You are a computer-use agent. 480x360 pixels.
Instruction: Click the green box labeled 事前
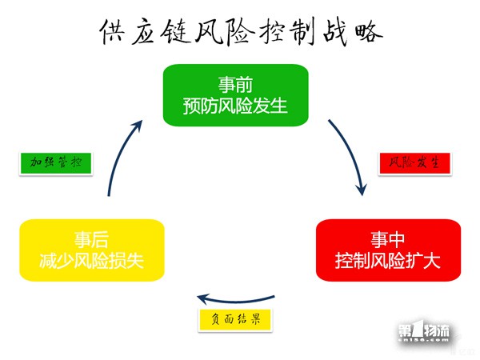236,95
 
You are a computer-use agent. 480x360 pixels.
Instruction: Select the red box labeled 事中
388,250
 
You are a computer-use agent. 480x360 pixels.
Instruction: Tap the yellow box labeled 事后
92,250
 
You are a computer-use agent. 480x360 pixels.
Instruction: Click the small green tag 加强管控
56,163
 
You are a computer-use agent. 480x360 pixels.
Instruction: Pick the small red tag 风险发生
414,163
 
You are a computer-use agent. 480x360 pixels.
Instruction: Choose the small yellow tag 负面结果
235,320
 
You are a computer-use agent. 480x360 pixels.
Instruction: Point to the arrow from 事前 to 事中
350,153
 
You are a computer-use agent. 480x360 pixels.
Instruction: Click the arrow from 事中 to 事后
236,301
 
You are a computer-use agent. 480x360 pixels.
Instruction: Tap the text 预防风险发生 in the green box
235,106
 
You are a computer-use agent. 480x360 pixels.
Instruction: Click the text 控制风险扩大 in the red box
388,261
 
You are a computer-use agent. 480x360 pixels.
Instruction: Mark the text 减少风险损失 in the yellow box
91,261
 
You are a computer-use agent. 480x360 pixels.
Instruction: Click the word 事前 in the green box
235,85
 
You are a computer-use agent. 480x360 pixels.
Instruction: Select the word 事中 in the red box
388,239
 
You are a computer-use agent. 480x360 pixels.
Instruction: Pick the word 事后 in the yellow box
91,239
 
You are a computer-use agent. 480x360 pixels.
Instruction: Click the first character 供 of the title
112,31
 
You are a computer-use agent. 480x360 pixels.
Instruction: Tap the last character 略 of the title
369,31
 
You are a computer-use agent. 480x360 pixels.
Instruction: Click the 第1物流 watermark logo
424,331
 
